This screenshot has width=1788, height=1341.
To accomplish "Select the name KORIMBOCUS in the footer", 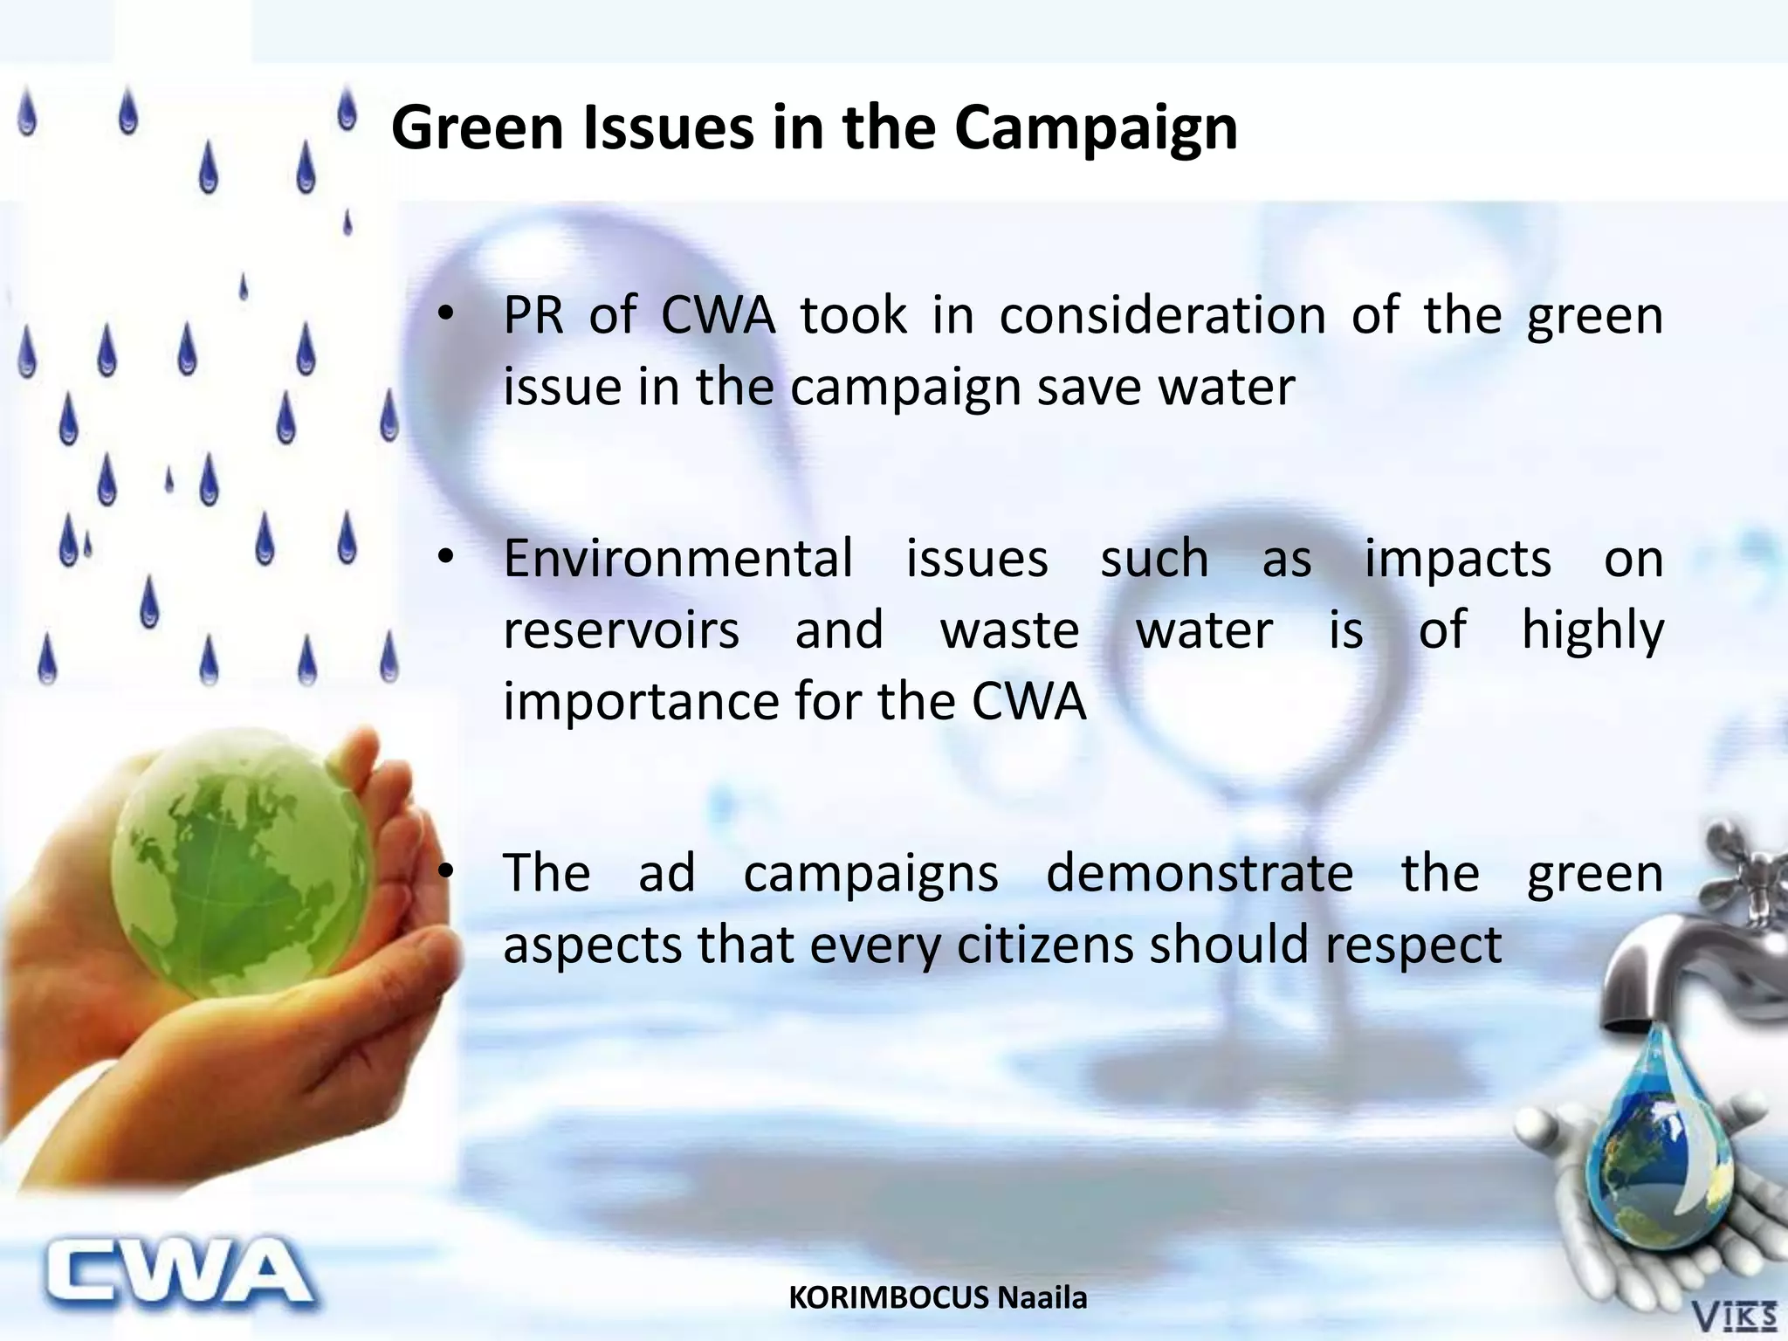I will tap(889, 1297).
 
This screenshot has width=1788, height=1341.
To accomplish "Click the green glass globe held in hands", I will tap(240, 864).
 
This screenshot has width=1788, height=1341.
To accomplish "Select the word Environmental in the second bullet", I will tap(678, 559).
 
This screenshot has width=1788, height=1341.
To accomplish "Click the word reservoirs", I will tap(621, 630).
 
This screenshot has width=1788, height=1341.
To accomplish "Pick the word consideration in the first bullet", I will tap(1162, 315).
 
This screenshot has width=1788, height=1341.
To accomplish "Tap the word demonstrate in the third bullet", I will tap(1200, 873).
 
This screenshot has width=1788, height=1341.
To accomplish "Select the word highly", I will tap(1592, 630).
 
